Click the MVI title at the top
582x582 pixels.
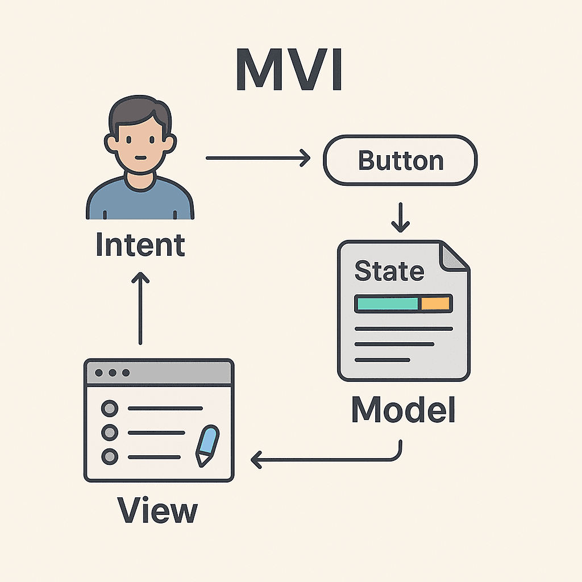pos(289,69)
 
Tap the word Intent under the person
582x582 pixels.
pos(140,244)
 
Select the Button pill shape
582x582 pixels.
pos(400,160)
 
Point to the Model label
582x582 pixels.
pos(403,409)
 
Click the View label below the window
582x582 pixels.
pos(157,510)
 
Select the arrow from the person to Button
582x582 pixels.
pos(258,158)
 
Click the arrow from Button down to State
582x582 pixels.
pos(401,217)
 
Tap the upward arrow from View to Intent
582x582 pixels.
pos(140,308)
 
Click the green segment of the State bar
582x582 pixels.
pos(387,304)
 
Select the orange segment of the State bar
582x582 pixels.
pos(435,304)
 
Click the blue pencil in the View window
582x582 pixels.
pos(207,446)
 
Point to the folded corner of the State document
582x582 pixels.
pos(454,257)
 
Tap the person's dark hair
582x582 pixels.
pos(140,111)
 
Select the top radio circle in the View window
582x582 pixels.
pos(110,408)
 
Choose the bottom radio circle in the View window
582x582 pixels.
pos(110,456)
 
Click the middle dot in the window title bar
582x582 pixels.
pos(112,373)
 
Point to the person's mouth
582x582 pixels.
pos(140,158)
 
